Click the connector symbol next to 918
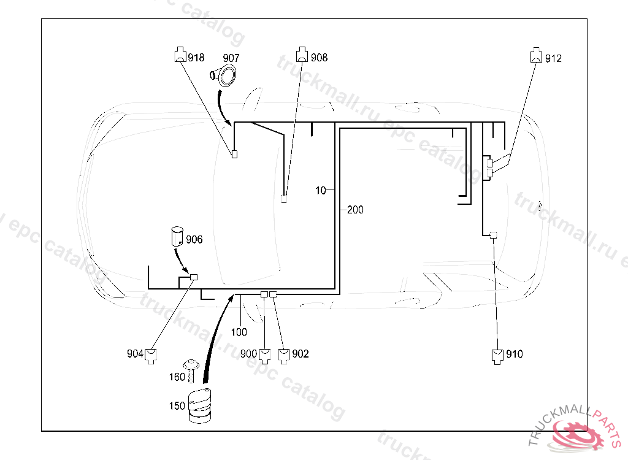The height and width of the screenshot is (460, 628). click(180, 55)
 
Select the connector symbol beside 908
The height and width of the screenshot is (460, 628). click(302, 55)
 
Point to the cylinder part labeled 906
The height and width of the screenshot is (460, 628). click(177, 236)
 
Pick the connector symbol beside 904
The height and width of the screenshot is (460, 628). click(150, 355)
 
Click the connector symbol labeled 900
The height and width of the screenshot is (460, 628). click(265, 355)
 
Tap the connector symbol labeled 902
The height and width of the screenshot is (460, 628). click(284, 355)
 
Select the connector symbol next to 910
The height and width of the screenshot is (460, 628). click(497, 356)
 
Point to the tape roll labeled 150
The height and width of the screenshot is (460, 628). click(199, 406)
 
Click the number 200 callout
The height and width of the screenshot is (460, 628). click(355, 210)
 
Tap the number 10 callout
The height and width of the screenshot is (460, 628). click(321, 191)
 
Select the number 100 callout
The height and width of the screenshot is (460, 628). click(239, 332)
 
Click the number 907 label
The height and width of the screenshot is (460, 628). click(231, 58)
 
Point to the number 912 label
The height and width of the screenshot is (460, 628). click(553, 59)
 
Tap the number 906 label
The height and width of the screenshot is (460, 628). click(194, 240)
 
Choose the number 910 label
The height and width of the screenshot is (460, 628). click(515, 355)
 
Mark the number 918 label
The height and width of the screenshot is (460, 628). click(196, 58)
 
